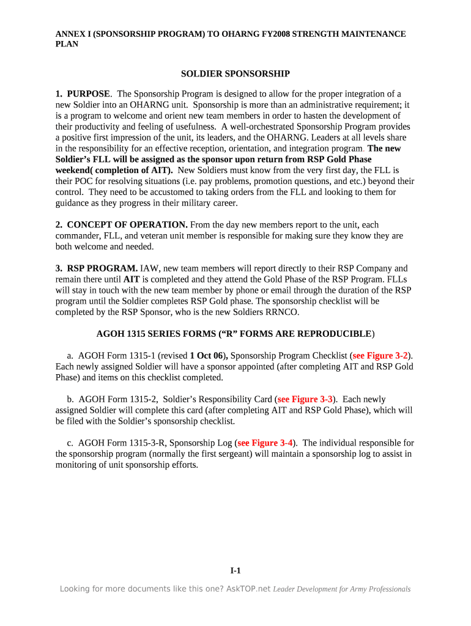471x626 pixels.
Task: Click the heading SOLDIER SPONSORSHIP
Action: click(235, 74)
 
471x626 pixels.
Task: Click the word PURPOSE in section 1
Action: click(89, 94)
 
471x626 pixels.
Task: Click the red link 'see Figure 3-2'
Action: click(380, 356)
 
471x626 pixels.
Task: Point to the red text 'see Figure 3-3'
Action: click(305, 399)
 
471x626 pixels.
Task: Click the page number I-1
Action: click(236, 570)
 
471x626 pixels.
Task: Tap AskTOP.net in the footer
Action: click(248, 589)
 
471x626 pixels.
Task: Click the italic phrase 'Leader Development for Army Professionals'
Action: click(341, 589)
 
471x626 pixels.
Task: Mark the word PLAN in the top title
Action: click(67, 45)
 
